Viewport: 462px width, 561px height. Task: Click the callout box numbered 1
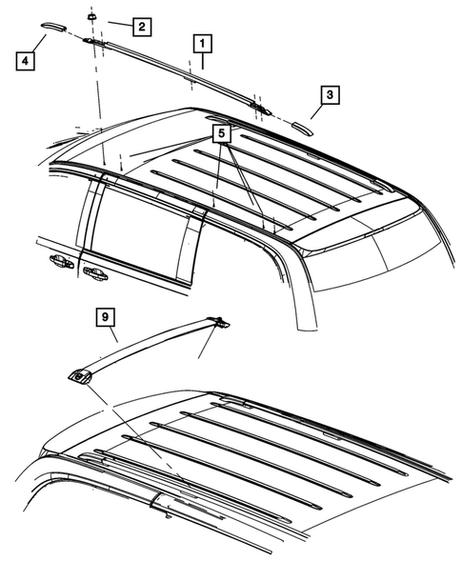pyautogui.click(x=202, y=43)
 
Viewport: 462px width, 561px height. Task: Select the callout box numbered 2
pyautogui.click(x=140, y=27)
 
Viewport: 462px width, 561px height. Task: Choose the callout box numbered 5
pyautogui.click(x=221, y=134)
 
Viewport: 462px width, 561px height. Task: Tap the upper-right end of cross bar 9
pyautogui.click(x=218, y=322)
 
